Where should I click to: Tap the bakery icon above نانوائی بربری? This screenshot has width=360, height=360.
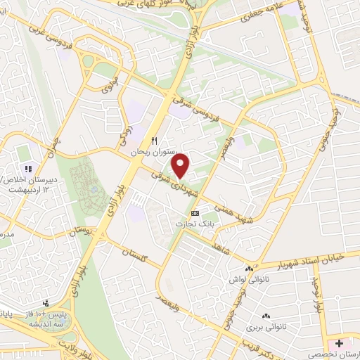coord(265,317)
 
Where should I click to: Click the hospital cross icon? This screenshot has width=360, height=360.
coord(340,343)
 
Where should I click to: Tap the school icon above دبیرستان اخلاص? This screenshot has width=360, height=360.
coord(29,169)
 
